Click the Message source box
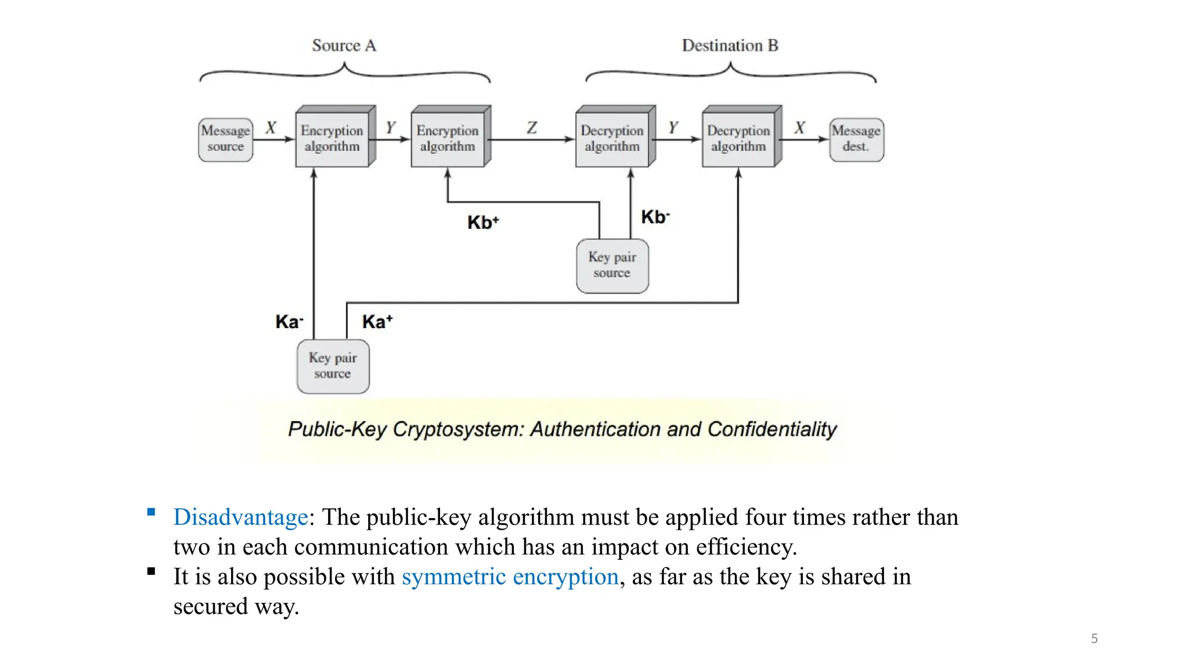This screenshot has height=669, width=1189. tap(225, 139)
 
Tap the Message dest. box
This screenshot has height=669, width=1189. tap(856, 139)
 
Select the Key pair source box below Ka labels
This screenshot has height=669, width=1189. tap(333, 366)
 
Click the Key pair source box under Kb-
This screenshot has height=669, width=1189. tap(612, 265)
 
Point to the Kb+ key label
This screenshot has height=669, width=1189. tap(482, 222)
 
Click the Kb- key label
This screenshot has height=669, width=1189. tap(655, 217)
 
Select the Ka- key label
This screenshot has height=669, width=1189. tap(289, 321)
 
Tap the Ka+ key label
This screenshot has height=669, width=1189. tap(377, 321)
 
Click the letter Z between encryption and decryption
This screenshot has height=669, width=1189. tap(532, 127)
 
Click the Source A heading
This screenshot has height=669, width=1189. tap(344, 45)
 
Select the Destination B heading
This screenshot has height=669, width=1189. tap(730, 45)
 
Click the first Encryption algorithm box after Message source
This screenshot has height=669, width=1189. tap(332, 138)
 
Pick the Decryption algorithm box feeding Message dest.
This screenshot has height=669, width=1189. tap(738, 138)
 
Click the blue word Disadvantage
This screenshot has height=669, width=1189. tap(240, 517)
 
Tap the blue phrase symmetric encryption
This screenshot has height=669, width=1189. tap(510, 577)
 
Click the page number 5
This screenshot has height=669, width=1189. tap(1094, 638)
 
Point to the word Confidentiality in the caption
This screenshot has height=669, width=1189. tap(772, 429)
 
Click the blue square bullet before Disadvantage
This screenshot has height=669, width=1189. tap(151, 512)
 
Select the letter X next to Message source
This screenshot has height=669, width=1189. tap(271, 127)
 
